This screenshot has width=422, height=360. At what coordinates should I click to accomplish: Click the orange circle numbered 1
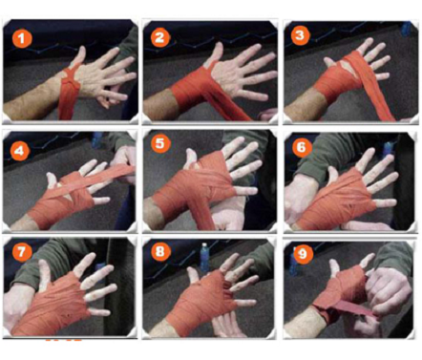tap(22, 38)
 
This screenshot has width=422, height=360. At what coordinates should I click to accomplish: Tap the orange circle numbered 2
tap(160, 37)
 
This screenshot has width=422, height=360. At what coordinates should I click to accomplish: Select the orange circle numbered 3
tap(300, 34)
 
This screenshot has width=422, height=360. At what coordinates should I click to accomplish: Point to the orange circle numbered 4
tap(20, 150)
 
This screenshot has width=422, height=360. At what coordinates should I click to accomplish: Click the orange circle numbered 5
tap(160, 143)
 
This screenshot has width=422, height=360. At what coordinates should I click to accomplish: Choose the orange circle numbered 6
tap(301, 146)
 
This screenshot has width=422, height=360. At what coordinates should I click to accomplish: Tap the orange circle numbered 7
tap(22, 252)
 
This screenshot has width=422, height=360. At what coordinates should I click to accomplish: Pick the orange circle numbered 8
tap(160, 251)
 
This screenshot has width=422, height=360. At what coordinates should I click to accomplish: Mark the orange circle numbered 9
tap(303, 254)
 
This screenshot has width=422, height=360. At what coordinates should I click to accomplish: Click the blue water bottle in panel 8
tap(204, 258)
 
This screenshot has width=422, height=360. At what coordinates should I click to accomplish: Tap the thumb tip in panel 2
tap(220, 45)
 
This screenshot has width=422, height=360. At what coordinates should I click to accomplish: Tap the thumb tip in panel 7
tap(44, 264)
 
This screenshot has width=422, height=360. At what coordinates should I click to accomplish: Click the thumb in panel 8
tap(194, 275)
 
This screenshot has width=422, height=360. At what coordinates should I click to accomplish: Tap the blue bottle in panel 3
tap(407, 29)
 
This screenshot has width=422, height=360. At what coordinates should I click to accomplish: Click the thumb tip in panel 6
tap(332, 170)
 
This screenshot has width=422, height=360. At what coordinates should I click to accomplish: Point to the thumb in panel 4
tap(52, 180)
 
